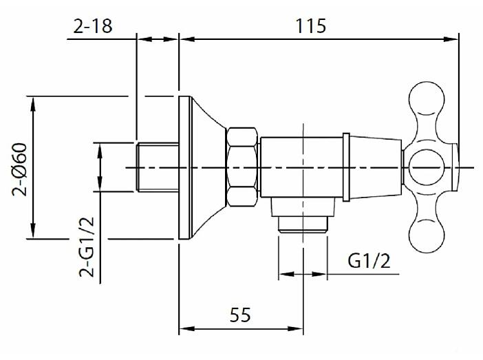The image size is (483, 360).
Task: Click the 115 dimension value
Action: pyautogui.click(x=310, y=26)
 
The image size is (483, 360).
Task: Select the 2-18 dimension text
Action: pyautogui.click(x=93, y=26)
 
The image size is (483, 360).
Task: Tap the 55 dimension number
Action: pyautogui.click(x=240, y=315)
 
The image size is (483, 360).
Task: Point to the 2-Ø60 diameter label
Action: pyautogui.click(x=20, y=169)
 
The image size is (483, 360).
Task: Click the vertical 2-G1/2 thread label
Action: pyautogui.click(x=87, y=246)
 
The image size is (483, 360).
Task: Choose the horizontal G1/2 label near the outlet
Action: pyautogui.click(x=369, y=261)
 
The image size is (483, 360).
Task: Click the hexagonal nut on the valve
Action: pyautogui.click(x=242, y=167)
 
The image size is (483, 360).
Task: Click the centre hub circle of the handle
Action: pyautogui.click(x=427, y=168)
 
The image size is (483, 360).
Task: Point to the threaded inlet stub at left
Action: pyautogui.click(x=158, y=167)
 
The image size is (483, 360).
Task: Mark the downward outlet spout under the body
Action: pyautogui.click(x=303, y=215)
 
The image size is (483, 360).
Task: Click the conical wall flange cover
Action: pyautogui.click(x=202, y=167)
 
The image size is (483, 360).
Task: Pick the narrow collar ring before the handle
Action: pyautogui.click(x=346, y=167)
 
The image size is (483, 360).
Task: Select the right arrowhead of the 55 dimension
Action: pyautogui.click(x=295, y=328)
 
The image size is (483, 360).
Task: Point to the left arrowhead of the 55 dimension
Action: pyautogui.click(x=187, y=328)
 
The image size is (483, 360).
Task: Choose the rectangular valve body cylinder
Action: pyautogui.click(x=301, y=167)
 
